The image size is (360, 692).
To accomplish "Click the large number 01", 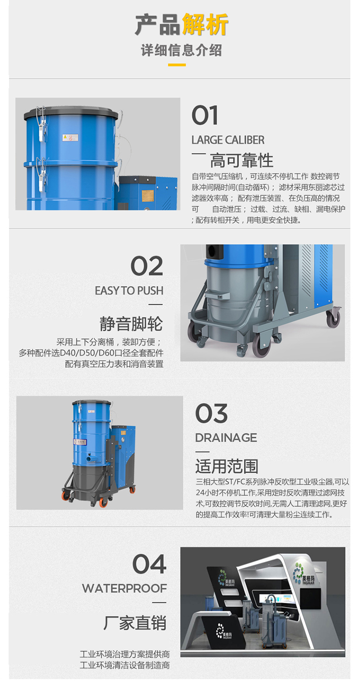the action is (204, 115).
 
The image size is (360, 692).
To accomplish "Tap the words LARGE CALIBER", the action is (228, 140).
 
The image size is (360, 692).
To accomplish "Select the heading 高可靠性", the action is (241, 160).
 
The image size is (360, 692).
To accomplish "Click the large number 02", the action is (147, 266).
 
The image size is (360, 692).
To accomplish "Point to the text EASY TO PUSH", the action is (129, 291).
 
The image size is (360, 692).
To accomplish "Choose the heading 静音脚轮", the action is (131, 324).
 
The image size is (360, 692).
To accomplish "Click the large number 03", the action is (212, 413).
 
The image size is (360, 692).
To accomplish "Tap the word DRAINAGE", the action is (226, 438).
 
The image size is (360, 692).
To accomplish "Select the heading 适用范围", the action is (227, 466).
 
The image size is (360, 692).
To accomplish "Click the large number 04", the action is (149, 564).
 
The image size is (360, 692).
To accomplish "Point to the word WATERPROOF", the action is (124, 588).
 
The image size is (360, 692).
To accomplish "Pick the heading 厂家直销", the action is (135, 622).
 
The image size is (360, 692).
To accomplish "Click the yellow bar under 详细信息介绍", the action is (177, 65).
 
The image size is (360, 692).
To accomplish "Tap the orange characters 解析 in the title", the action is (205, 25).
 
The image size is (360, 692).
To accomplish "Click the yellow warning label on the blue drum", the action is (70, 137).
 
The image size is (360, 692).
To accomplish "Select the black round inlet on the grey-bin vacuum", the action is (213, 251).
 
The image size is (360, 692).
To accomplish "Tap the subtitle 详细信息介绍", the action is (181, 50).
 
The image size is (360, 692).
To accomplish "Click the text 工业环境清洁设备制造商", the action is (125, 665).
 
